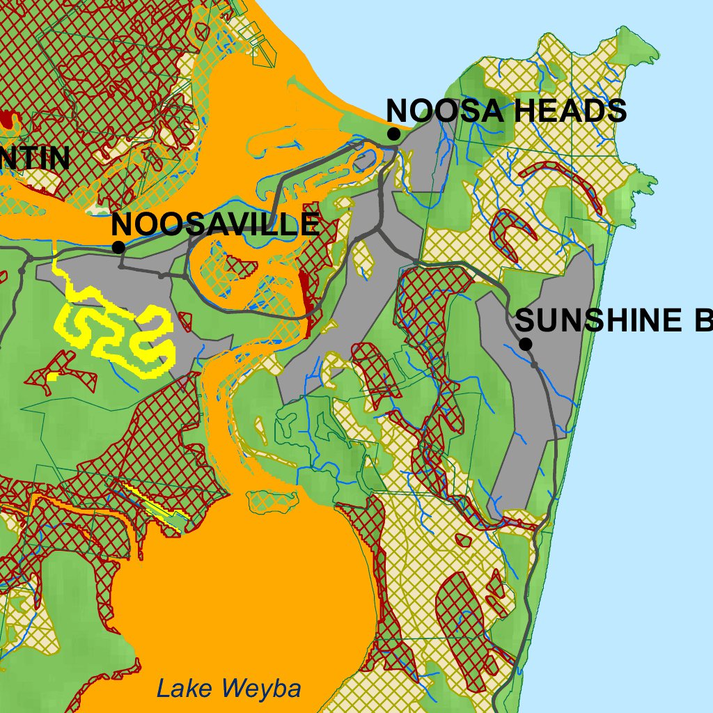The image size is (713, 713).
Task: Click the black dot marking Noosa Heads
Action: tap(393, 134)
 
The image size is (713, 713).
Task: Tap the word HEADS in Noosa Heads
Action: tap(567, 111)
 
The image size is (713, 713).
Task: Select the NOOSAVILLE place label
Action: tap(215, 225)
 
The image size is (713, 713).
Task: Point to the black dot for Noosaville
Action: tap(118, 247)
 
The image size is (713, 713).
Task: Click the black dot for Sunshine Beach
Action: tap(526, 344)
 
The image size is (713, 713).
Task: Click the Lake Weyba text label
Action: tap(228, 689)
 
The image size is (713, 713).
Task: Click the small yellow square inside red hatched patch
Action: tap(53, 377)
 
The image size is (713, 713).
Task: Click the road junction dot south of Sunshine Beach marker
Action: tap(534, 364)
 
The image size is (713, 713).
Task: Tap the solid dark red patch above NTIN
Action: tap(8, 119)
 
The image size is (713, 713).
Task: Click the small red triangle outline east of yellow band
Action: tap(185, 321)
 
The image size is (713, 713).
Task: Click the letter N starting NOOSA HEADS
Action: tap(397, 111)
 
